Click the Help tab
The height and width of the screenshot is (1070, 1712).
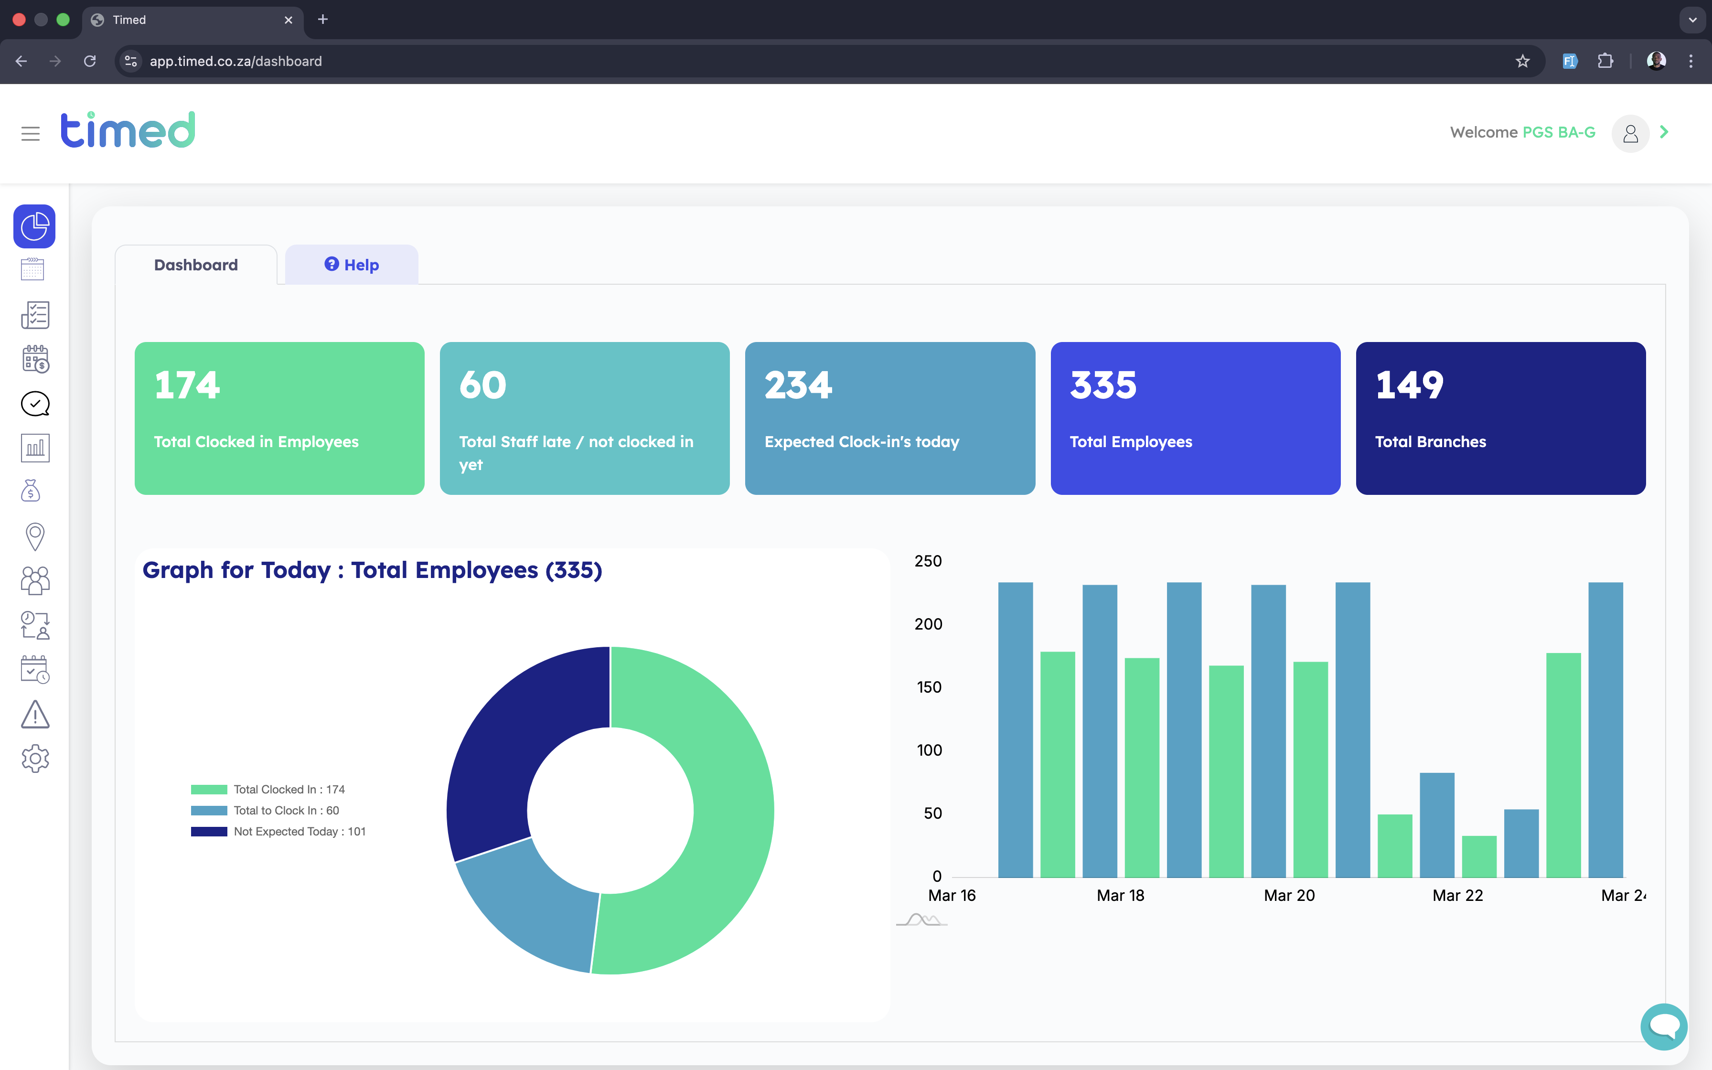pyautogui.click(x=352, y=265)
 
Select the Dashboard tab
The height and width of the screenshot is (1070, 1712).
pyautogui.click(x=196, y=265)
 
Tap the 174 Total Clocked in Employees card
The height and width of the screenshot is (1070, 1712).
pyautogui.click(x=279, y=418)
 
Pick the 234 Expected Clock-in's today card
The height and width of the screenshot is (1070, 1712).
pyautogui.click(x=890, y=418)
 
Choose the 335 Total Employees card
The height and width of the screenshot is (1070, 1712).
pyautogui.click(x=1196, y=418)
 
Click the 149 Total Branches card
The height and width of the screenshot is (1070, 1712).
pyautogui.click(x=1500, y=418)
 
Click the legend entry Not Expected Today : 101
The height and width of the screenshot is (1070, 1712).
pyautogui.click(x=278, y=832)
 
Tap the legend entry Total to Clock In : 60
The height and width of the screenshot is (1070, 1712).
pyautogui.click(x=265, y=810)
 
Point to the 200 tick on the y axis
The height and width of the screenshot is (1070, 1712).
pyautogui.click(x=928, y=624)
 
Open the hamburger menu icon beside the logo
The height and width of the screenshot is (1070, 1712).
pyautogui.click(x=31, y=134)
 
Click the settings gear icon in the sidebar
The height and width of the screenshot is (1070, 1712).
pyautogui.click(x=35, y=759)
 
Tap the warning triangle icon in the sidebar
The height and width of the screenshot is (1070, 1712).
pyautogui.click(x=35, y=714)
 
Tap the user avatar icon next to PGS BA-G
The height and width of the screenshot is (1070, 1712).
pyautogui.click(x=1630, y=133)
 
